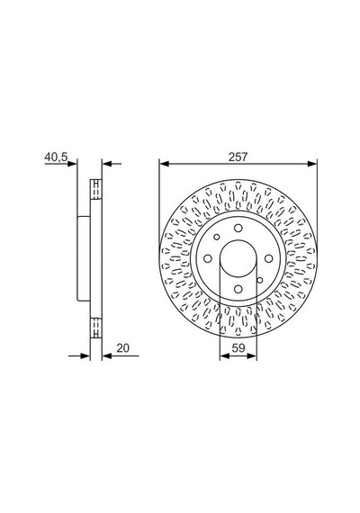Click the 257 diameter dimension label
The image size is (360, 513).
pos(238,157)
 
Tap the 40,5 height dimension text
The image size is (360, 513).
pos(56,157)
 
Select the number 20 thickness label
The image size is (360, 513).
pos(123,348)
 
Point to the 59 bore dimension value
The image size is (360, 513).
pos(238,348)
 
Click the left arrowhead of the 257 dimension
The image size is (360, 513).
pos(164,163)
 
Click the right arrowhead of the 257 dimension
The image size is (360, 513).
pos(312,163)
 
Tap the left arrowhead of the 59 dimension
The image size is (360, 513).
pos(224,355)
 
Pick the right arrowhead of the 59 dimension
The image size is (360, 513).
pos(252,355)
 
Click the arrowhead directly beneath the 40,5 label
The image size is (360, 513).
pos(72,163)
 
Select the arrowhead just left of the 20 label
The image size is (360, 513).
pos(107,355)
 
